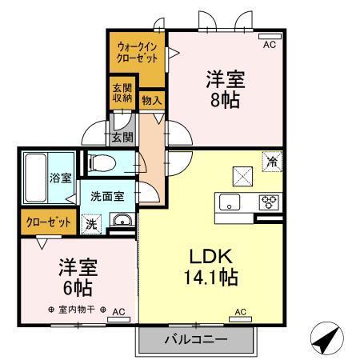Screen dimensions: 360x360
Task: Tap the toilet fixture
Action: (102, 163)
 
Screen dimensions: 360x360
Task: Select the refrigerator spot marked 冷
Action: (273, 161)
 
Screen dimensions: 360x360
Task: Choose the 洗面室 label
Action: (106, 194)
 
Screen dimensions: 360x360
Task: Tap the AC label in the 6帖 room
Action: (118, 311)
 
